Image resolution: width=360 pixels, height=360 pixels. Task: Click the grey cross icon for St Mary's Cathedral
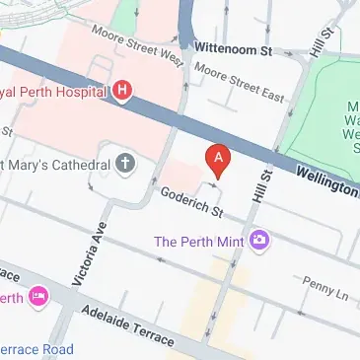125,161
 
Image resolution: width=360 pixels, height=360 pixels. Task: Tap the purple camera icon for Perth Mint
259,239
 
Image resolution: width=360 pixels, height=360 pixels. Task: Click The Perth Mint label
201,241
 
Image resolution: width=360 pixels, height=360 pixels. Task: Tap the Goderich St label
193,206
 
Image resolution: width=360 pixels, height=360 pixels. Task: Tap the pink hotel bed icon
39,296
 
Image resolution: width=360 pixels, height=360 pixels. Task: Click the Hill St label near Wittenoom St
316,41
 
